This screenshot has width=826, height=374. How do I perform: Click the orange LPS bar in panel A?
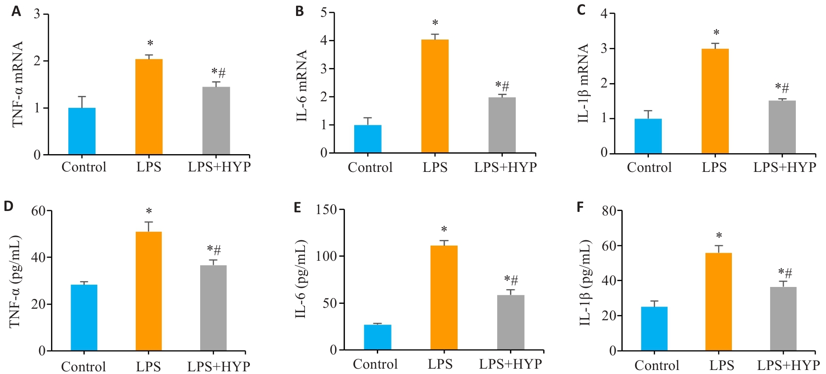click(149, 107)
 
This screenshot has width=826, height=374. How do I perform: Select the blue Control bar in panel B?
click(368, 139)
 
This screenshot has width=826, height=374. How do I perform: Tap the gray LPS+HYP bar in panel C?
click(782, 127)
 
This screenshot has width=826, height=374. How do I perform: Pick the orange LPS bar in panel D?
click(149, 291)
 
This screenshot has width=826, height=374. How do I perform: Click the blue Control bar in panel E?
click(377, 337)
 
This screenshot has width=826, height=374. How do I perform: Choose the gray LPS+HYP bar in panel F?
click(783, 318)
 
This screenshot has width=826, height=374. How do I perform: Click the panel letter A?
click(16, 11)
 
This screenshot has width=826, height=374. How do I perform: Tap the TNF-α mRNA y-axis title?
click(18, 84)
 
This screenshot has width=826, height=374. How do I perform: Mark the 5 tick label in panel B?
click(324, 12)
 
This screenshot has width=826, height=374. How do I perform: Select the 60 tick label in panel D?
click(39, 211)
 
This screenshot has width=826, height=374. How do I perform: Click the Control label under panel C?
click(649, 167)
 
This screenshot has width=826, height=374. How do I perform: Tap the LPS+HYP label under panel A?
click(219, 167)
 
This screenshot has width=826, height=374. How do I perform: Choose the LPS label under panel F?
click(721, 366)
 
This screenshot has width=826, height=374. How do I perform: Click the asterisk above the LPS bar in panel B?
click(435, 23)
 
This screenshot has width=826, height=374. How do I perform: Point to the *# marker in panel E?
click(511, 280)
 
